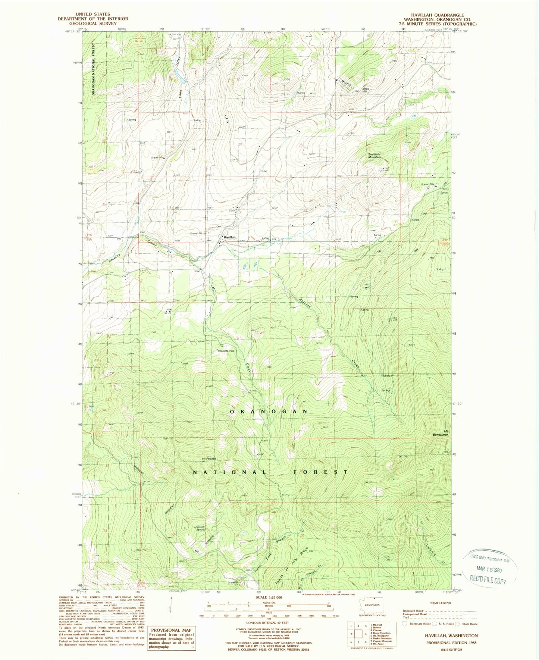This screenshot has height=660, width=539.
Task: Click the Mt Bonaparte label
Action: click(443, 433)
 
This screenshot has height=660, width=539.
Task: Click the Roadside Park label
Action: click(226, 351)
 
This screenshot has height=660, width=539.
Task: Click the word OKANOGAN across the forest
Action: click(269, 411)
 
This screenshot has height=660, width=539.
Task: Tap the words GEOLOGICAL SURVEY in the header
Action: click(93, 24)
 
